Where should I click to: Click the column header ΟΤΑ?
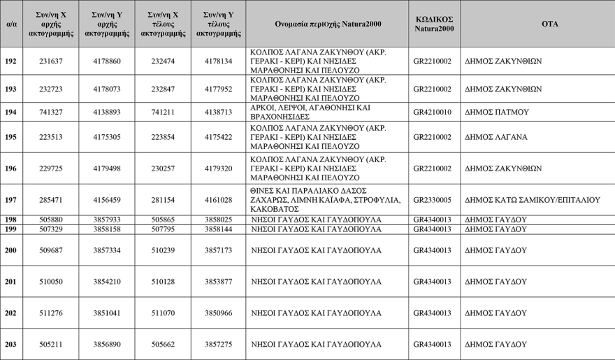(x=549, y=24)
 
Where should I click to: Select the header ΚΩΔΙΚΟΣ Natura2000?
(x=433, y=24)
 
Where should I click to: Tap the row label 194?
(x=10, y=113)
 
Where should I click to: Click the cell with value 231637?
(x=51, y=62)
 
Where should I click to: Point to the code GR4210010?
(x=433, y=113)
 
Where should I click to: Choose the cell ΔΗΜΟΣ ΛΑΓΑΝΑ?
(x=497, y=138)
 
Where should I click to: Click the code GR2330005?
(x=433, y=200)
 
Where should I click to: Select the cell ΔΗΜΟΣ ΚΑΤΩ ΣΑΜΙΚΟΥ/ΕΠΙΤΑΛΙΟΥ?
(x=533, y=200)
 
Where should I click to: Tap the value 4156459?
(x=107, y=200)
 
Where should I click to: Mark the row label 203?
(x=10, y=345)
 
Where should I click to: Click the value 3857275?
(x=219, y=345)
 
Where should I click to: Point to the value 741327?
(x=51, y=113)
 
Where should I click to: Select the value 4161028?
(x=219, y=200)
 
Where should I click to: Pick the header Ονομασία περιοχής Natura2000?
(x=327, y=24)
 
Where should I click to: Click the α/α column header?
(x=10, y=24)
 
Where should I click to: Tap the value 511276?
(x=51, y=313)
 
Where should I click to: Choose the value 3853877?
(x=219, y=282)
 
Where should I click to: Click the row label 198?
(x=10, y=219)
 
